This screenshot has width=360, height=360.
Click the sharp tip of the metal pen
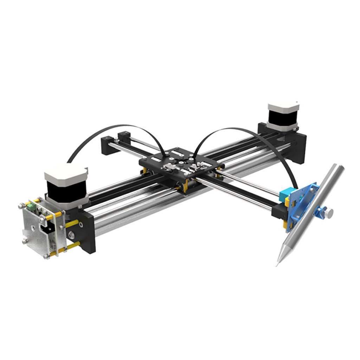tap(277, 264)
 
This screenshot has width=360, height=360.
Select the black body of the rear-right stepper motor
tap(282, 120)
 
